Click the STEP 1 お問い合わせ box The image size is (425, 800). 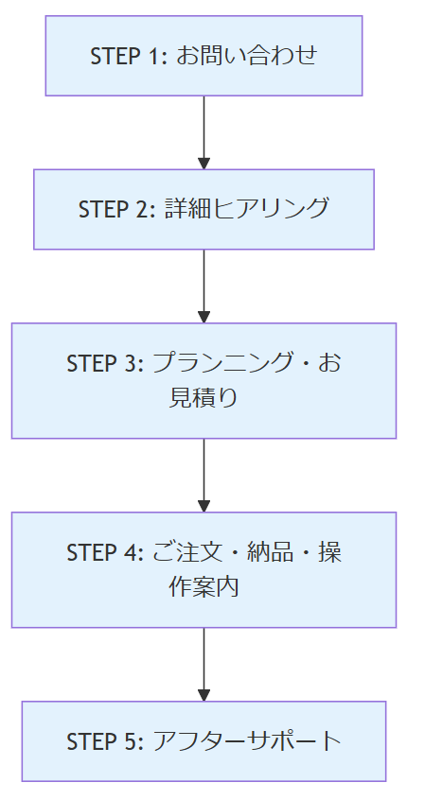click(x=204, y=56)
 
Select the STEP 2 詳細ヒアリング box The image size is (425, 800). click(x=204, y=209)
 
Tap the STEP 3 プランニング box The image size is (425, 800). click(x=204, y=380)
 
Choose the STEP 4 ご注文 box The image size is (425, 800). click(x=204, y=570)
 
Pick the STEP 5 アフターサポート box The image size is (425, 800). click(x=204, y=741)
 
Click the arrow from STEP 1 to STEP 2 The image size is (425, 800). click(x=204, y=132)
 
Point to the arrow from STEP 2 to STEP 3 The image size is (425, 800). click(x=204, y=287)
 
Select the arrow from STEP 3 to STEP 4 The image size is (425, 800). click(x=204, y=476)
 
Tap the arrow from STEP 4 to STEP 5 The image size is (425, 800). click(x=204, y=665)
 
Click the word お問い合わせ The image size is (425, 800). click(x=247, y=56)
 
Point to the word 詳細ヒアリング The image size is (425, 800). click(x=247, y=209)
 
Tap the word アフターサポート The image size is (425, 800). click(x=247, y=741)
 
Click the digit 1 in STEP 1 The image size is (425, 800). click(x=156, y=56)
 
